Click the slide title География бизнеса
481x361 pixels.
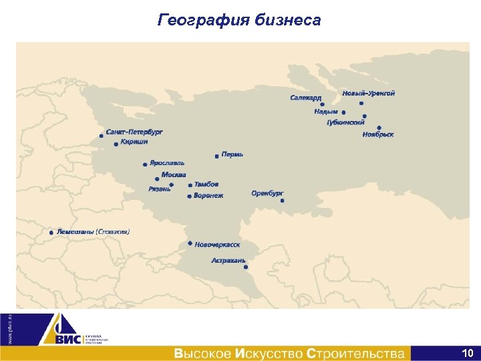239,20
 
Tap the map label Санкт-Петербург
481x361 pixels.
134,132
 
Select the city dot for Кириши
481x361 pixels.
116,144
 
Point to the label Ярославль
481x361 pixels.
167,162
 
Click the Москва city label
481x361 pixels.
174,174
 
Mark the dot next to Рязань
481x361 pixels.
172,185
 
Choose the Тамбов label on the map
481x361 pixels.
206,184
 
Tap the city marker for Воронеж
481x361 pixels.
190,196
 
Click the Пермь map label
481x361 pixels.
232,154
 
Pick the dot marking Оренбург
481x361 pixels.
283,201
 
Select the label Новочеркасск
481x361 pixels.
217,245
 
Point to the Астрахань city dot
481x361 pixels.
246,267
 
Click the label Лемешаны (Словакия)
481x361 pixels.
94,232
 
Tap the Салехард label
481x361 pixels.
305,98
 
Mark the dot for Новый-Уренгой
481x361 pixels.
361,103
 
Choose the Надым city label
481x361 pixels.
326,112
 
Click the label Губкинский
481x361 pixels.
345,122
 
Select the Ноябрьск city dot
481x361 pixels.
379,127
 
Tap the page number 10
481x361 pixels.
468,352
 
